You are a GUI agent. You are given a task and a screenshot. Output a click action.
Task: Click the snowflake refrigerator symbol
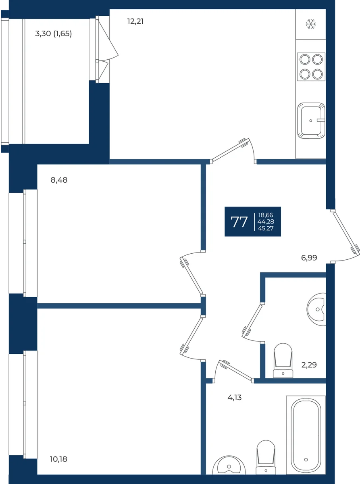tap(311, 24)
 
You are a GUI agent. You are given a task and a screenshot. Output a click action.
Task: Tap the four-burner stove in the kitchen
tap(311, 67)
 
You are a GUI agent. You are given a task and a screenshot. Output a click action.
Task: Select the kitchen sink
tap(311, 121)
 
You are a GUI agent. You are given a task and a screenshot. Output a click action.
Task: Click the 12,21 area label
tap(135, 21)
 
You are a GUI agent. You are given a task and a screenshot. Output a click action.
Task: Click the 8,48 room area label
tap(59, 180)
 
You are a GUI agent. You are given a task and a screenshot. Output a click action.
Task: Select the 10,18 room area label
tap(58, 459)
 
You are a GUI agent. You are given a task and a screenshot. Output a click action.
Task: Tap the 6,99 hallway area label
tap(309, 258)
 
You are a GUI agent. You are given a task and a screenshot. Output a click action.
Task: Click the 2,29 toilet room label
tap(309, 365)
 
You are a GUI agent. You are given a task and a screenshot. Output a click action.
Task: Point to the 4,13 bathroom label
tap(235, 398)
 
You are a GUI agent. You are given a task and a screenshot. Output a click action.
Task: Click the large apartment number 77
tap(239, 222)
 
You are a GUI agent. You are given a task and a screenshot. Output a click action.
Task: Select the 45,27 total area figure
tap(266, 228)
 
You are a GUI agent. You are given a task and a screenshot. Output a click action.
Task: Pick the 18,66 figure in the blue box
tap(266, 215)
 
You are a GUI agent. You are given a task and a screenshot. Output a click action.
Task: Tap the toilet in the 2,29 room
tap(283, 361)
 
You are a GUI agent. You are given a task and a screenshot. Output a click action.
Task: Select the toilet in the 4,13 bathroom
tap(266, 457)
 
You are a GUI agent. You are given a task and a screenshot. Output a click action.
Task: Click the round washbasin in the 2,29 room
tap(316, 309)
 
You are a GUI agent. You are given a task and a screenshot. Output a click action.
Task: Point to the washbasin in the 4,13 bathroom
tap(229, 465)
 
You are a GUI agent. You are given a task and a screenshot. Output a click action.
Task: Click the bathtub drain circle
tap(306, 459)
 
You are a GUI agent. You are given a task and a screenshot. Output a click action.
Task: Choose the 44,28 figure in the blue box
tap(266, 221)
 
